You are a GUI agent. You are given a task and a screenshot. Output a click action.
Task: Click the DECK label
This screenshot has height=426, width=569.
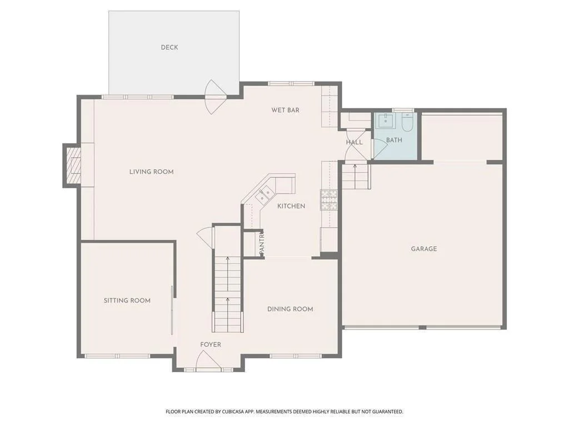pos(169,48)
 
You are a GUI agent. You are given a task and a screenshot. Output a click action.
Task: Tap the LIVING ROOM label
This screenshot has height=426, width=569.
pos(151,172)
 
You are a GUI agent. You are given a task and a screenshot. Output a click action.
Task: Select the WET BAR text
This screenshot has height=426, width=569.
pos(286,110)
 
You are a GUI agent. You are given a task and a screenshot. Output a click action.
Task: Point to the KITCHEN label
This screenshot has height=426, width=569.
pos(291,206)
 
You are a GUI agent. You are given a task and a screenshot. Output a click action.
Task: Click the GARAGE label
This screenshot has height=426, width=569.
pos(424,249)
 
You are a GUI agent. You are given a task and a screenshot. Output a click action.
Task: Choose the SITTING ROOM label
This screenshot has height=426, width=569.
pos(127,300)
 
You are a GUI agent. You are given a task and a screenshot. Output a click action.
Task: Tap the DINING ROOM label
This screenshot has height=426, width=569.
pos(290,309)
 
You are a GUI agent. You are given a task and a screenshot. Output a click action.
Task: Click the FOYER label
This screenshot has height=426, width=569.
pos(211,344)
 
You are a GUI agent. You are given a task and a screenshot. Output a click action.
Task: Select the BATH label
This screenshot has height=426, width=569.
pos(394,140)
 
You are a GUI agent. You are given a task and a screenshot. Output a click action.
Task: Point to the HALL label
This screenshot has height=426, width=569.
pos(354,143)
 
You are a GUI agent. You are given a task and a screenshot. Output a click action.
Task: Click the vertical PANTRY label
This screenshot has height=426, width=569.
pos(262,243)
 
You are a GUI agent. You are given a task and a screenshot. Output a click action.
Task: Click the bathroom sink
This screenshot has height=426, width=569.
pos(386,120)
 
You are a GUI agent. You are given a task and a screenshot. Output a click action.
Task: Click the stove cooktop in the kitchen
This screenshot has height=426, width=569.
pos(329,200)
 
